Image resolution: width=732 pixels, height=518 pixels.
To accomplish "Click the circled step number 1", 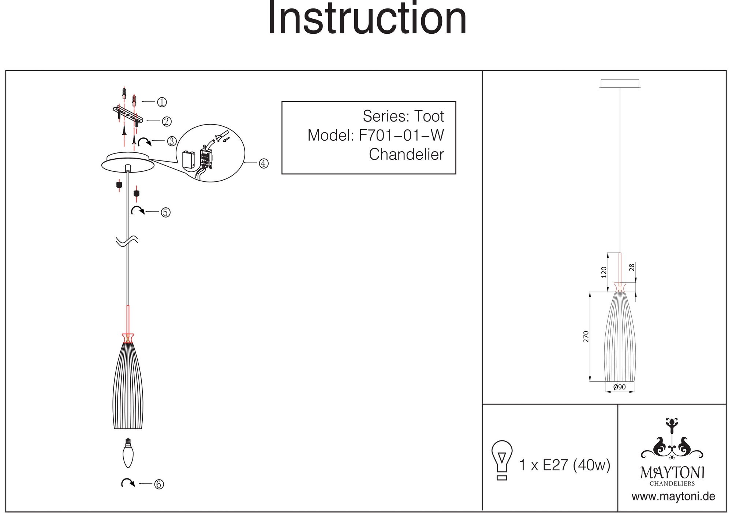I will [x=162, y=102].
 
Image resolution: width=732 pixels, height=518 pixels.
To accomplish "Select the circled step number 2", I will [x=167, y=121].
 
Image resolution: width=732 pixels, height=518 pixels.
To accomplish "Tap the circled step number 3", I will [x=172, y=141].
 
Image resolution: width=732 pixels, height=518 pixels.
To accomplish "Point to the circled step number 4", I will [x=264, y=163].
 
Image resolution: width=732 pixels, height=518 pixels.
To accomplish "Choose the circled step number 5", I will [x=166, y=212].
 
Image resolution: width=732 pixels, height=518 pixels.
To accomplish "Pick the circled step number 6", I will [x=159, y=484].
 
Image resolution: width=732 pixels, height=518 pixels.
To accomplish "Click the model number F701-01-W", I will [x=401, y=135].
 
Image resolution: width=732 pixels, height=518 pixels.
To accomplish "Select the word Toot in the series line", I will [x=429, y=116].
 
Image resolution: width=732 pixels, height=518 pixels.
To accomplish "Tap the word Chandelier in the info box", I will [x=406, y=154].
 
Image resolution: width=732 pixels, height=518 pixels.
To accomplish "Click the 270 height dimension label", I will [x=586, y=336].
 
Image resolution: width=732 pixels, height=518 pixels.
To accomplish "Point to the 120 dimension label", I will [x=604, y=272].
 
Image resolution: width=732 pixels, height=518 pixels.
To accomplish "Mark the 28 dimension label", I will [x=632, y=267].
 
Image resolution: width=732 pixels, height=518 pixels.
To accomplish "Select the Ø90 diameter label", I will [x=619, y=387].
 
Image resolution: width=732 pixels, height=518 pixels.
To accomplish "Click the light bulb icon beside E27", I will [x=502, y=460].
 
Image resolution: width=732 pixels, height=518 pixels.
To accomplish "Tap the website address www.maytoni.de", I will [x=673, y=497].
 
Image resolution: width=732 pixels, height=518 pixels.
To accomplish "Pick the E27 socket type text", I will [x=555, y=465].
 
